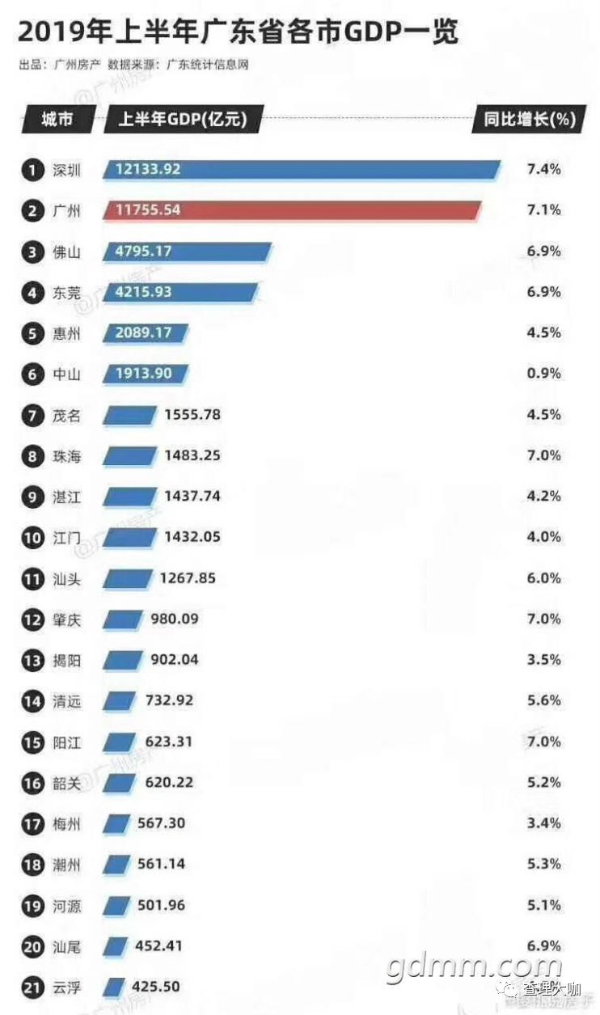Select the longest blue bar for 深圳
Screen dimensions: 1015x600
301,169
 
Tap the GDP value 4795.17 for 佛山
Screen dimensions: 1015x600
143,252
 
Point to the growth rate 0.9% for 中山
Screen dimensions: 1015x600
543,374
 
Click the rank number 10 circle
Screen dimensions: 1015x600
32,537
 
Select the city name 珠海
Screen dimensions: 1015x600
66,456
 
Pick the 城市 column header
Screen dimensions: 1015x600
57,120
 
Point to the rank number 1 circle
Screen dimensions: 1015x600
32,170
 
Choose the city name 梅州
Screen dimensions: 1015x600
66,824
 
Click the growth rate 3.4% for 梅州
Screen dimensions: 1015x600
543,823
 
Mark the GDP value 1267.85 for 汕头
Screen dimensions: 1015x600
188,578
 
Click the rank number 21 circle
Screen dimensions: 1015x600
32,988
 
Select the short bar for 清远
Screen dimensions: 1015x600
120,701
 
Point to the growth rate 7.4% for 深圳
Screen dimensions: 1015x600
543,169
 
